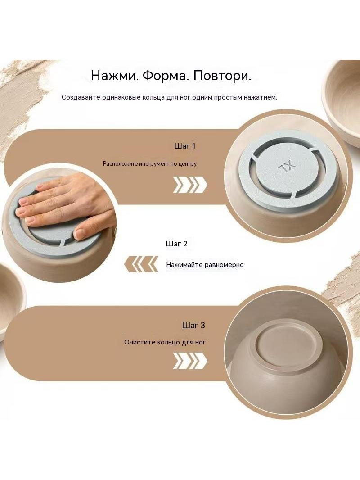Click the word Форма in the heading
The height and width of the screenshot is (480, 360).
[x=165, y=76]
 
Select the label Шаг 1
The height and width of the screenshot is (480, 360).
[x=185, y=146]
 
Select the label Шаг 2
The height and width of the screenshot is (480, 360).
[x=176, y=244]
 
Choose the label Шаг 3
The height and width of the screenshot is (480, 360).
[x=193, y=325]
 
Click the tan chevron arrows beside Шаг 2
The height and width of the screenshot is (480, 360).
[x=141, y=264]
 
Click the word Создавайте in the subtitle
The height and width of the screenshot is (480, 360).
[x=80, y=98]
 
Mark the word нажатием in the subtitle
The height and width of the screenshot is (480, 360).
[x=262, y=98]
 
